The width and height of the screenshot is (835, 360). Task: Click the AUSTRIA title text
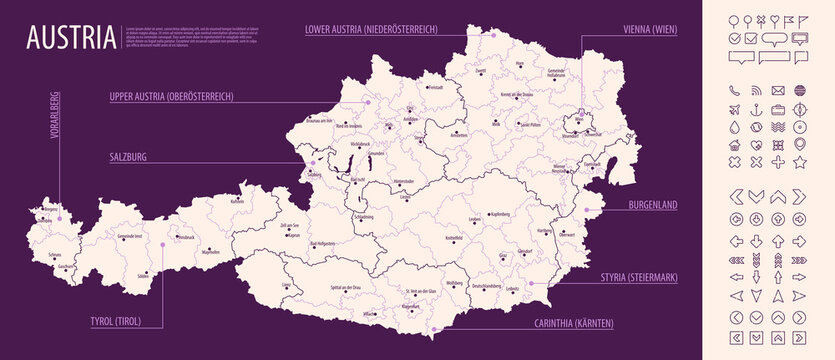(70, 39)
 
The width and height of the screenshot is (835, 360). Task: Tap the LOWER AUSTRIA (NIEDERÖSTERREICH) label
(371, 30)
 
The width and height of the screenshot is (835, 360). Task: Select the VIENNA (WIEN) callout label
(635, 30)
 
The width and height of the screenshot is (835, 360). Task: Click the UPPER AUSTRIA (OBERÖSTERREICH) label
(171, 97)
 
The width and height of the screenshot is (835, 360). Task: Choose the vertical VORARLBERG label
(53, 146)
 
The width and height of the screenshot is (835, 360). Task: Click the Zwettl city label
(480, 71)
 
